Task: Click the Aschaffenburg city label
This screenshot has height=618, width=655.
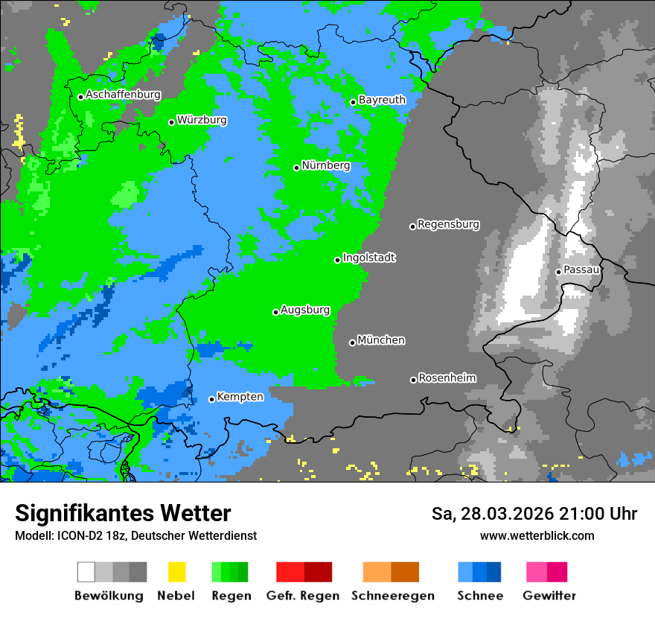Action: click(x=123, y=95)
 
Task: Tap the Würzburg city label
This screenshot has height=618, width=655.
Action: click(x=202, y=120)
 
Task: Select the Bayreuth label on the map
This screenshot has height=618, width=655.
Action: click(x=382, y=100)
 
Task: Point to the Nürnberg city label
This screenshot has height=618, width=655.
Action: click(x=326, y=165)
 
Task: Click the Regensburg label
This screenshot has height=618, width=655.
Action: click(x=448, y=224)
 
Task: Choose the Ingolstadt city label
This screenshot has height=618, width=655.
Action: click(x=369, y=258)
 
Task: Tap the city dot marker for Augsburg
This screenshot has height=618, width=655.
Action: click(x=275, y=312)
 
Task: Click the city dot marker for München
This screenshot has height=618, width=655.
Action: click(x=352, y=343)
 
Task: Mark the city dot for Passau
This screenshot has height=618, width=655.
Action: click(x=558, y=272)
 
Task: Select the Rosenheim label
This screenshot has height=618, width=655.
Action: click(x=447, y=378)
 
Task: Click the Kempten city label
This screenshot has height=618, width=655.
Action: click(x=240, y=397)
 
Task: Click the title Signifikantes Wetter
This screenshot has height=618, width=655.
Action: click(x=123, y=513)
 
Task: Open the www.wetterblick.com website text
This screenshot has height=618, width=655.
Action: click(x=537, y=535)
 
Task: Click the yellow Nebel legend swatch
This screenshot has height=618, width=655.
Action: click(x=176, y=572)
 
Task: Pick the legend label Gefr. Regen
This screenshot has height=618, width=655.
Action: click(x=303, y=596)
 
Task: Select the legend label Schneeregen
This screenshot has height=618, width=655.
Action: click(x=392, y=596)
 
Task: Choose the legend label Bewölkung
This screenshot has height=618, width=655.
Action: click(x=109, y=596)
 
